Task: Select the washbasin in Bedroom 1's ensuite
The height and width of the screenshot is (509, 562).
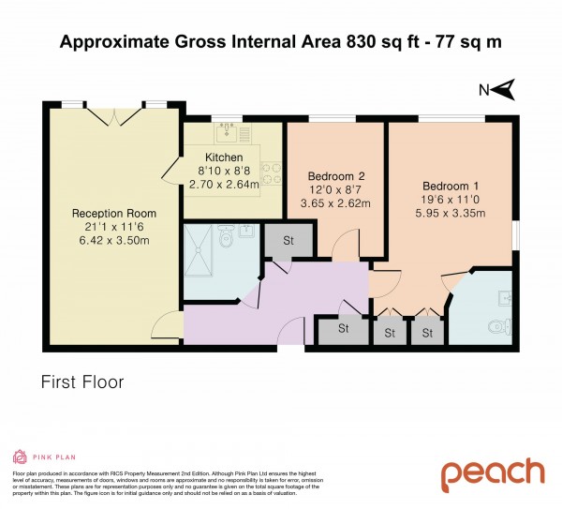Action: (505, 299)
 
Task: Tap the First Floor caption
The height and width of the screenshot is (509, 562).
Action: (82, 382)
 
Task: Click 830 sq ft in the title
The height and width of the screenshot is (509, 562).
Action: (332, 41)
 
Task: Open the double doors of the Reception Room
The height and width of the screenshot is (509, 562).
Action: (115, 117)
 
